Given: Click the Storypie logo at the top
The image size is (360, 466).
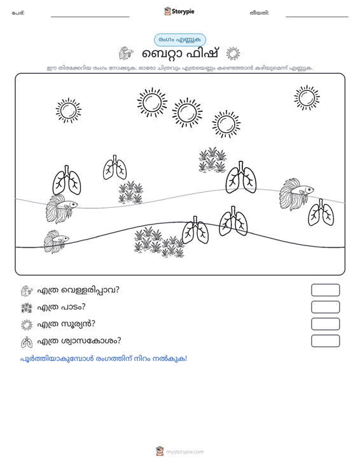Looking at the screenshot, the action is [179, 11].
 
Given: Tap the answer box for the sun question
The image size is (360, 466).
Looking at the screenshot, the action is [325, 324].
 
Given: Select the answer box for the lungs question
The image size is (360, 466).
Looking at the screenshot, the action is [325, 341].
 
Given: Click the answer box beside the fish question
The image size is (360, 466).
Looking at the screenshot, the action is [325, 290].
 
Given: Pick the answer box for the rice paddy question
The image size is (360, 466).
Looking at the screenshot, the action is [325, 307].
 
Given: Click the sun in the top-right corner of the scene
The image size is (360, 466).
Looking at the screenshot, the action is [307, 98].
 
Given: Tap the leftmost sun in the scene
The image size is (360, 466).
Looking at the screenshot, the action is [68, 111].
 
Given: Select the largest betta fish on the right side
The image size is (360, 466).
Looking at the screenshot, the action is [296, 194].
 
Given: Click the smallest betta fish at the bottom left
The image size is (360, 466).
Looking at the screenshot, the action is [56, 242].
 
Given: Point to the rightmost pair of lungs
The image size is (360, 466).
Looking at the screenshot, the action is [321, 213].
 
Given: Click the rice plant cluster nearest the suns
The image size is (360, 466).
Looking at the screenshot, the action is [212, 160].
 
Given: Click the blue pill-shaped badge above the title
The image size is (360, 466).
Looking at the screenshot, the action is [179, 40].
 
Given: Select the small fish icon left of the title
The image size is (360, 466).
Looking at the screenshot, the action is [126, 53].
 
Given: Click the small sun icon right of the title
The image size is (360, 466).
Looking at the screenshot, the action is [233, 54].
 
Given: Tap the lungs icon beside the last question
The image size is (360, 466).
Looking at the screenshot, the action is [27, 342].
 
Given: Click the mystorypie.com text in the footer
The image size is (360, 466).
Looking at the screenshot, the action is [184, 452].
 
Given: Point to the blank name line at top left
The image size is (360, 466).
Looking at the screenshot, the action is [90, 17].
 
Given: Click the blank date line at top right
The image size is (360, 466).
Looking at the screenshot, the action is [317, 17].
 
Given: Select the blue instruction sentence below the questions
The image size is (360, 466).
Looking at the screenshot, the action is [104, 359].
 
